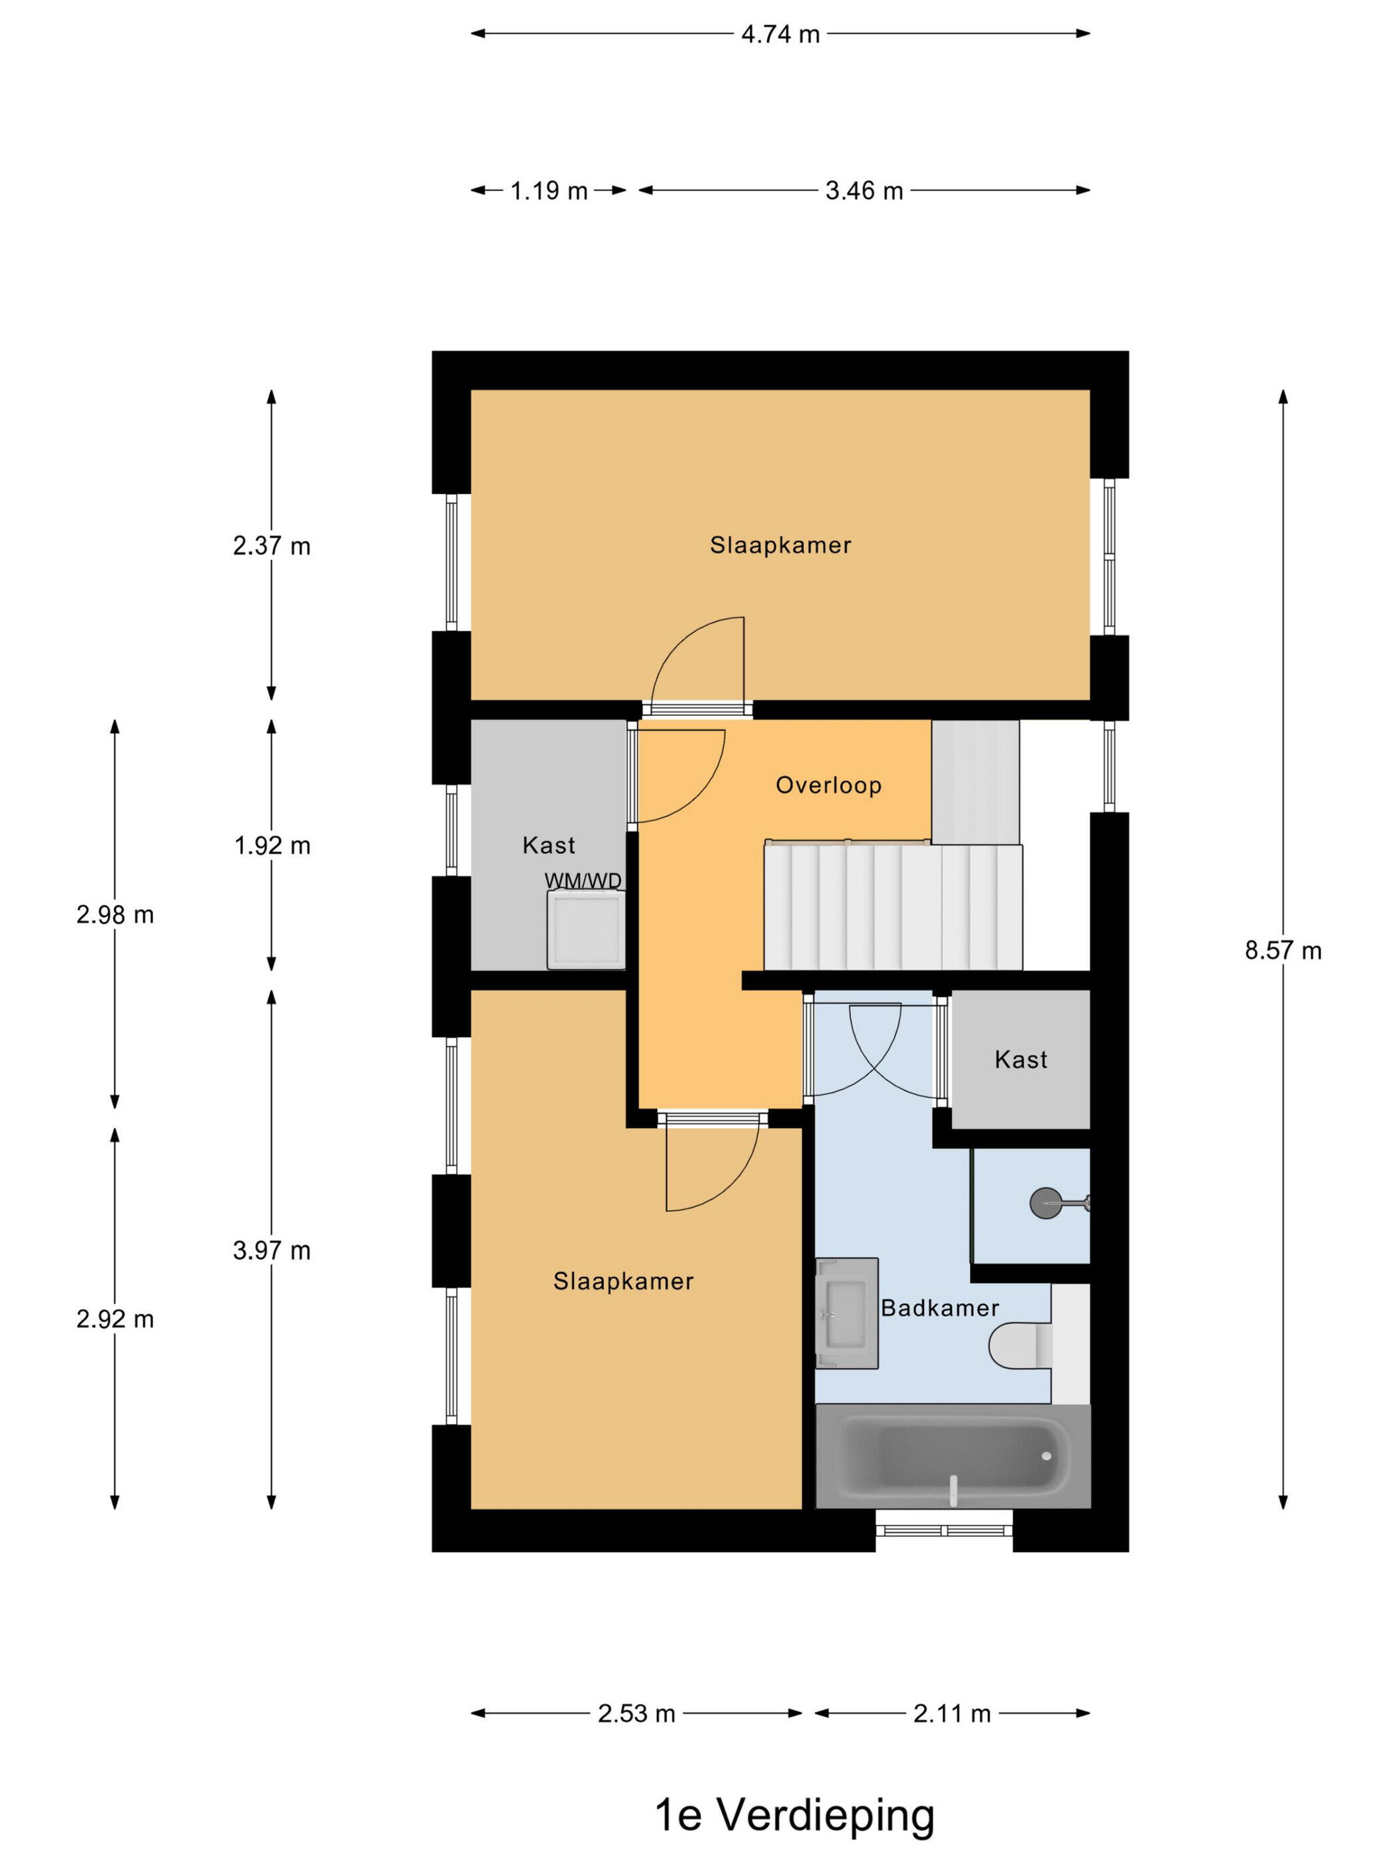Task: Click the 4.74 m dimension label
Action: tap(780, 35)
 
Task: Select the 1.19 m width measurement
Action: tap(549, 190)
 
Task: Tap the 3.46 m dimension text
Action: tap(863, 190)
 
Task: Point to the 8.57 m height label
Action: tap(1283, 951)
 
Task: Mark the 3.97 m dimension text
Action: tap(272, 1250)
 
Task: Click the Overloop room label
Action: tap(828, 786)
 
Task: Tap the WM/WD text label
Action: tap(583, 881)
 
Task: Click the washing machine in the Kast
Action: tap(586, 930)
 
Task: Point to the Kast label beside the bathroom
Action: tap(1021, 1060)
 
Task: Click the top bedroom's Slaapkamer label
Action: tap(780, 546)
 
